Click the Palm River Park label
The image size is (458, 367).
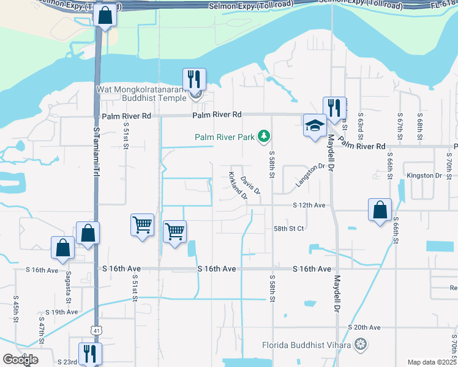pyautogui.click(x=225, y=137)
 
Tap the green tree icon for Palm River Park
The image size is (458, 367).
pyautogui.click(x=264, y=135)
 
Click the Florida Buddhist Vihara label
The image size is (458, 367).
pyautogui.click(x=306, y=345)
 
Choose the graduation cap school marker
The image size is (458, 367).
pyautogui.click(x=315, y=126)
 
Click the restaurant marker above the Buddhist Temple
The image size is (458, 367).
pyautogui.click(x=194, y=79)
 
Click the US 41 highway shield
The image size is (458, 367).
pyautogui.click(x=97, y=330)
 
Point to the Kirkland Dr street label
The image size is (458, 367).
pyautogui.click(x=238, y=187)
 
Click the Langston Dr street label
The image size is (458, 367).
pyautogui.click(x=309, y=175)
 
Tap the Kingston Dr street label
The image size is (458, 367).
pyautogui.click(x=424, y=176)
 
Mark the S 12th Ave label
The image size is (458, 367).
pyautogui.click(x=309, y=205)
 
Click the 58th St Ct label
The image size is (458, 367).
pyautogui.click(x=288, y=228)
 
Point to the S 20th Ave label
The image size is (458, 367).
pyautogui.click(x=364, y=327)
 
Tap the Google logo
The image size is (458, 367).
pyautogui.click(x=20, y=360)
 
